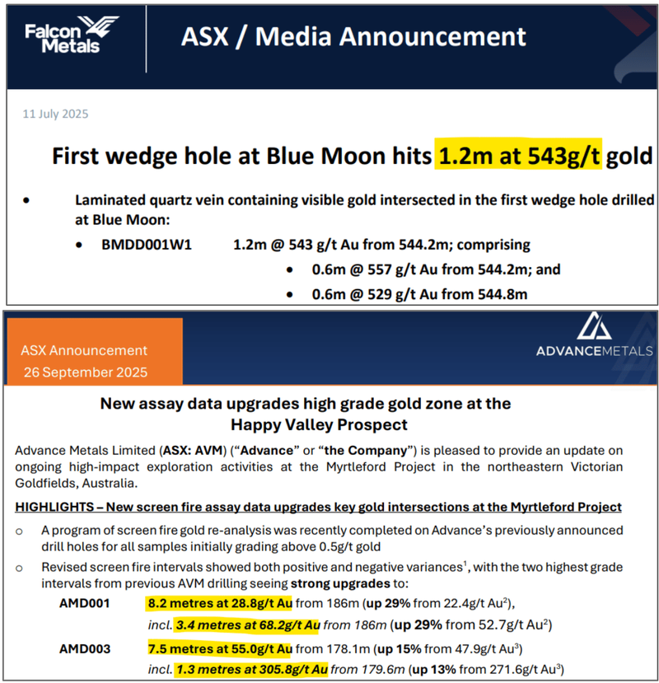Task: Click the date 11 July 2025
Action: tap(55, 115)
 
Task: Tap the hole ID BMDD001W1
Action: tap(145, 245)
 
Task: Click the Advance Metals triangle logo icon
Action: tap(594, 326)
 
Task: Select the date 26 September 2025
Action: tap(85, 372)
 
